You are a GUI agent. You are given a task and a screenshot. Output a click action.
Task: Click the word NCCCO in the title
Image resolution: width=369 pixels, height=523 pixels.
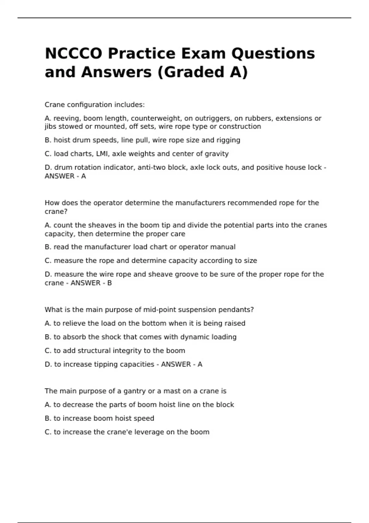click(73, 54)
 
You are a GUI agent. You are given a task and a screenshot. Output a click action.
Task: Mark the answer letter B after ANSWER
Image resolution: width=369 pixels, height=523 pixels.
click(109, 283)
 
